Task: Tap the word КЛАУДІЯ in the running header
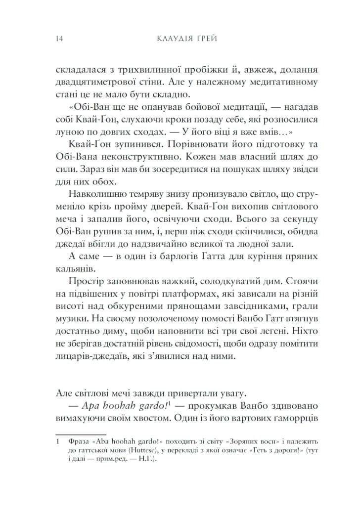(x=175, y=39)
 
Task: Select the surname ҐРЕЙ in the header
(x=208, y=39)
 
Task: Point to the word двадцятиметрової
(x=97, y=82)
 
